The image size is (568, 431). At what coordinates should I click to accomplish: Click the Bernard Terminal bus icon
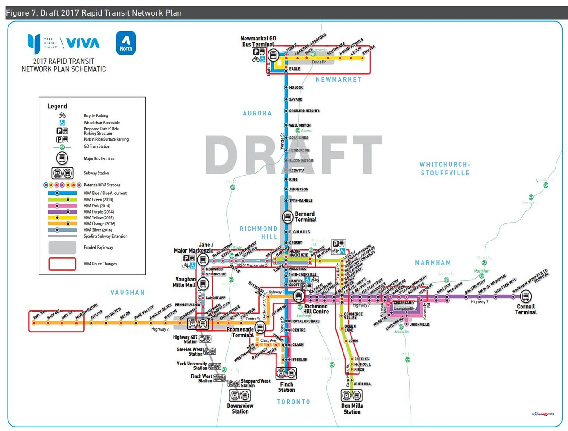pyautogui.click(x=288, y=217)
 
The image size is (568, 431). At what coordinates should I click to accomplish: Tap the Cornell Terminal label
pyautogui.click(x=526, y=309)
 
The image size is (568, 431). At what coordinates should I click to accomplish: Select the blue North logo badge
pyautogui.click(x=126, y=43)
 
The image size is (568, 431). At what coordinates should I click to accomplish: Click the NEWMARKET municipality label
pyautogui.click(x=339, y=79)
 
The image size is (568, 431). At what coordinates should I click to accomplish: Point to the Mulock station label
pyautogui.click(x=296, y=87)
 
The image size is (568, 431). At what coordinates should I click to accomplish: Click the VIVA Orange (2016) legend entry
pyautogui.click(x=99, y=224)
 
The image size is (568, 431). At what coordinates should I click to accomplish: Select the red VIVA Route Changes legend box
pyautogui.click(x=62, y=264)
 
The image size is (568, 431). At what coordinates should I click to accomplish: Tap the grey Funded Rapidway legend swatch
pyautogui.click(x=62, y=247)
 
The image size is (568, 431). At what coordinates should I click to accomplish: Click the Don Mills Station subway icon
pyautogui.click(x=351, y=395)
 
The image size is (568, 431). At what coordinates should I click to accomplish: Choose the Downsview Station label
pyautogui.click(x=240, y=409)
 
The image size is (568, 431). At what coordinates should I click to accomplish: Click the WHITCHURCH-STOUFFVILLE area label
pyautogui.click(x=445, y=169)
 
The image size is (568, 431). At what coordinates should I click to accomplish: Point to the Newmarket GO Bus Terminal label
pyautogui.click(x=258, y=41)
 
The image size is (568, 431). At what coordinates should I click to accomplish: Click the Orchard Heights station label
pyautogui.click(x=304, y=111)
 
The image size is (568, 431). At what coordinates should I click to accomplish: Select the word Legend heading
pyautogui.click(x=57, y=106)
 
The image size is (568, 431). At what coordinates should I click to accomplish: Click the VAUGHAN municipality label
pyautogui.click(x=127, y=293)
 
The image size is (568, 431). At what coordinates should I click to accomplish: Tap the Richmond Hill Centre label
pyautogui.click(x=316, y=309)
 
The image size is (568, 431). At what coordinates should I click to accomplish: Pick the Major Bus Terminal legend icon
pyautogui.click(x=62, y=158)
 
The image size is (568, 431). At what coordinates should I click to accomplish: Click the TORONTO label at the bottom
pyautogui.click(x=293, y=402)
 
